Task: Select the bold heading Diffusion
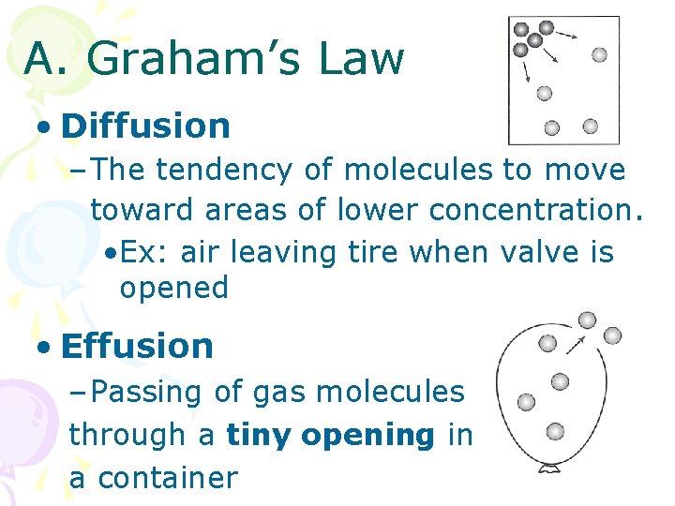click(145, 126)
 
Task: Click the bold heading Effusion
click(137, 346)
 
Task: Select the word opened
click(173, 288)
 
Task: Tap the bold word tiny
click(259, 435)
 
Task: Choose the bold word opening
click(369, 435)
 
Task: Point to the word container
click(168, 478)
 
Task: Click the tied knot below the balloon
click(548, 466)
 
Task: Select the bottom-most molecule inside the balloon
click(555, 431)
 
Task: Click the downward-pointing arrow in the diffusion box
click(527, 73)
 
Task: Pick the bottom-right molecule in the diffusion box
click(590, 126)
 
